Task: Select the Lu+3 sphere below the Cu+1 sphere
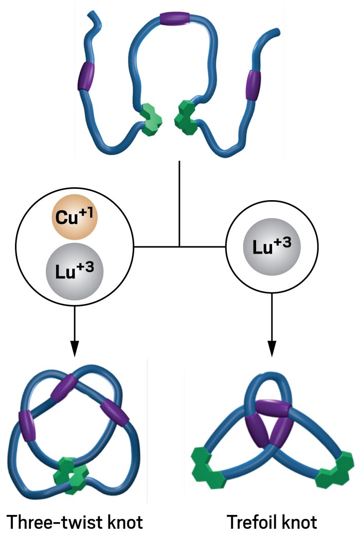click(75, 270)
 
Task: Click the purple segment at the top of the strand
click(175, 19)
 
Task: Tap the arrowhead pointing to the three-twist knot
click(75, 349)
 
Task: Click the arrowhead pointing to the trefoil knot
click(273, 349)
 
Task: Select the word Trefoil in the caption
click(250, 521)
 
